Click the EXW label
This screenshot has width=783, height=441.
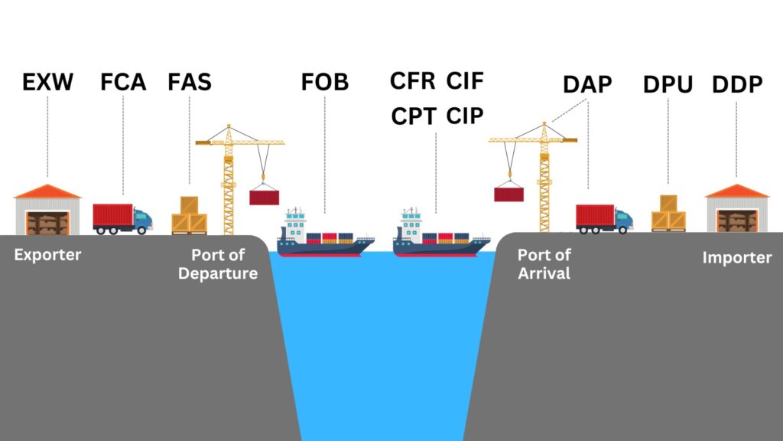click(47, 82)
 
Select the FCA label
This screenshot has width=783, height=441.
click(122, 82)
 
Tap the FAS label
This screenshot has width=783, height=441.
click(190, 82)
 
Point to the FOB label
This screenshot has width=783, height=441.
click(323, 82)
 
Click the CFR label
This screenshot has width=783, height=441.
click(413, 80)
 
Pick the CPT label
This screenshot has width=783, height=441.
click(414, 116)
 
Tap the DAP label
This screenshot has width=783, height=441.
click(587, 85)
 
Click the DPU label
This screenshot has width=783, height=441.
click(668, 85)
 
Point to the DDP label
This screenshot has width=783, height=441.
click(737, 85)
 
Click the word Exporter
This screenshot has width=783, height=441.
click(47, 254)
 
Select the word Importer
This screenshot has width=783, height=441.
click(737, 258)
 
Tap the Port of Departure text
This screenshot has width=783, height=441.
click(218, 264)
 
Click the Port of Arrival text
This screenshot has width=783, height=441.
click(544, 264)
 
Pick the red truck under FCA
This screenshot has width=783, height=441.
click(122, 218)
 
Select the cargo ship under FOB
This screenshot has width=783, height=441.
click(325, 234)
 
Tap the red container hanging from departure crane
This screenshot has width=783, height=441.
click(265, 197)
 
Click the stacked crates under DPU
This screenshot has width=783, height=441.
click(668, 214)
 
